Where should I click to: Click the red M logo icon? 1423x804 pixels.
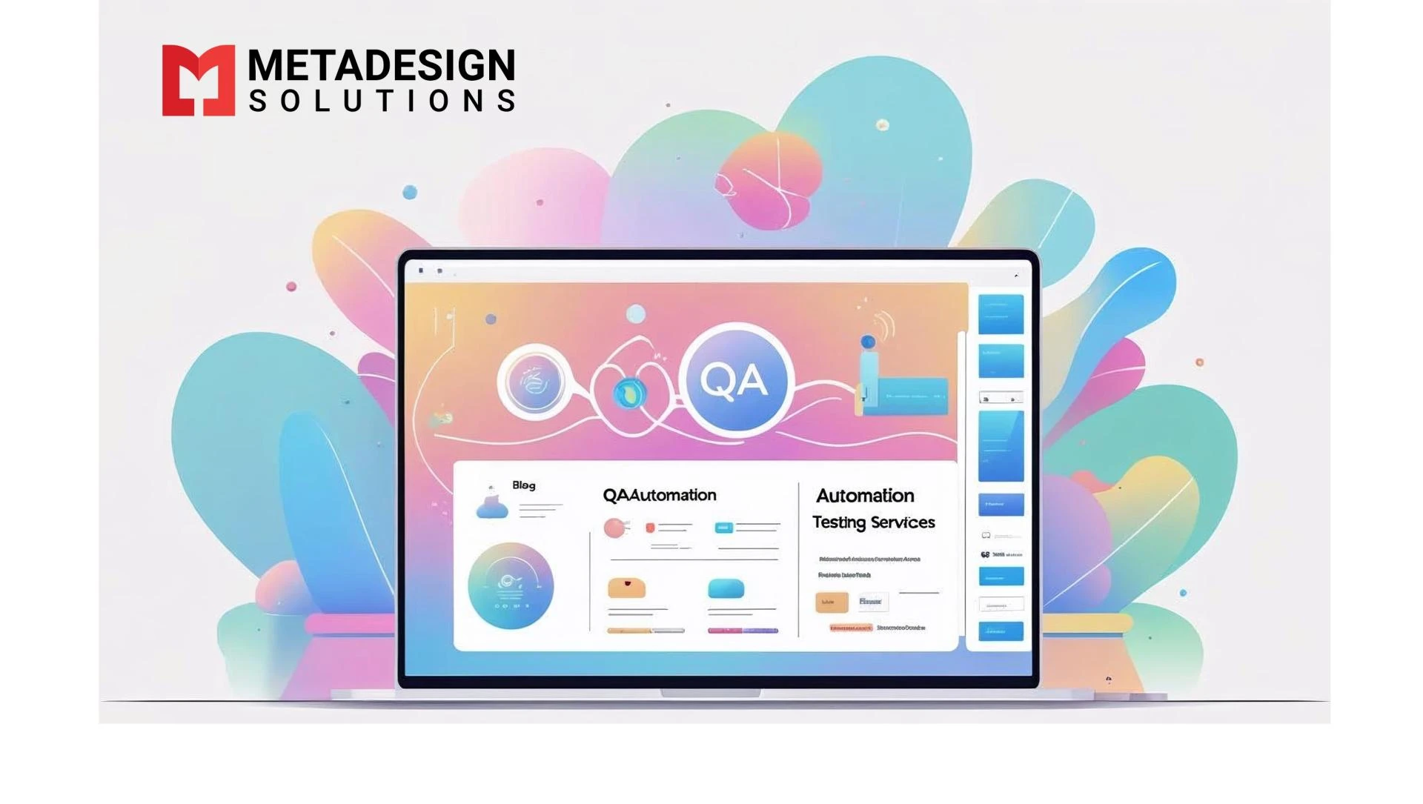[x=198, y=80]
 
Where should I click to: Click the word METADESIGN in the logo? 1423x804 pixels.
[x=381, y=65]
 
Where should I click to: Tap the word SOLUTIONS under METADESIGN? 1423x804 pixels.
[x=382, y=101]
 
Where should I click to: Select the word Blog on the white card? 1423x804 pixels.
[x=523, y=485]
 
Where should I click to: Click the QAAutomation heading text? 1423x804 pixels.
[x=659, y=495]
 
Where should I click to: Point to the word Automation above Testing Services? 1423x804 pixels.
[x=865, y=496]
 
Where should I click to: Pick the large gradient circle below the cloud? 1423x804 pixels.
[x=511, y=586]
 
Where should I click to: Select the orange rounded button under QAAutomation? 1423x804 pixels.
[x=626, y=588]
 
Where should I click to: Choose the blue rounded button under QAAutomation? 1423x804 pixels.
[x=726, y=589]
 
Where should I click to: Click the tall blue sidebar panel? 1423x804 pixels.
[x=1001, y=446]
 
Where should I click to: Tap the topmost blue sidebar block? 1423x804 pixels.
[x=1001, y=314]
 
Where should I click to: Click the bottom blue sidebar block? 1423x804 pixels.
[x=1001, y=631]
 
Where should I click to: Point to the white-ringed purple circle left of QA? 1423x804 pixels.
[x=534, y=382]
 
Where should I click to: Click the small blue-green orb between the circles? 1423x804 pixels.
[x=629, y=393]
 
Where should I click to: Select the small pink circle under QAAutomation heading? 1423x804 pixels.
[x=614, y=528]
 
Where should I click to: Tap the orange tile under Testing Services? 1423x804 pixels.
[x=831, y=602]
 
